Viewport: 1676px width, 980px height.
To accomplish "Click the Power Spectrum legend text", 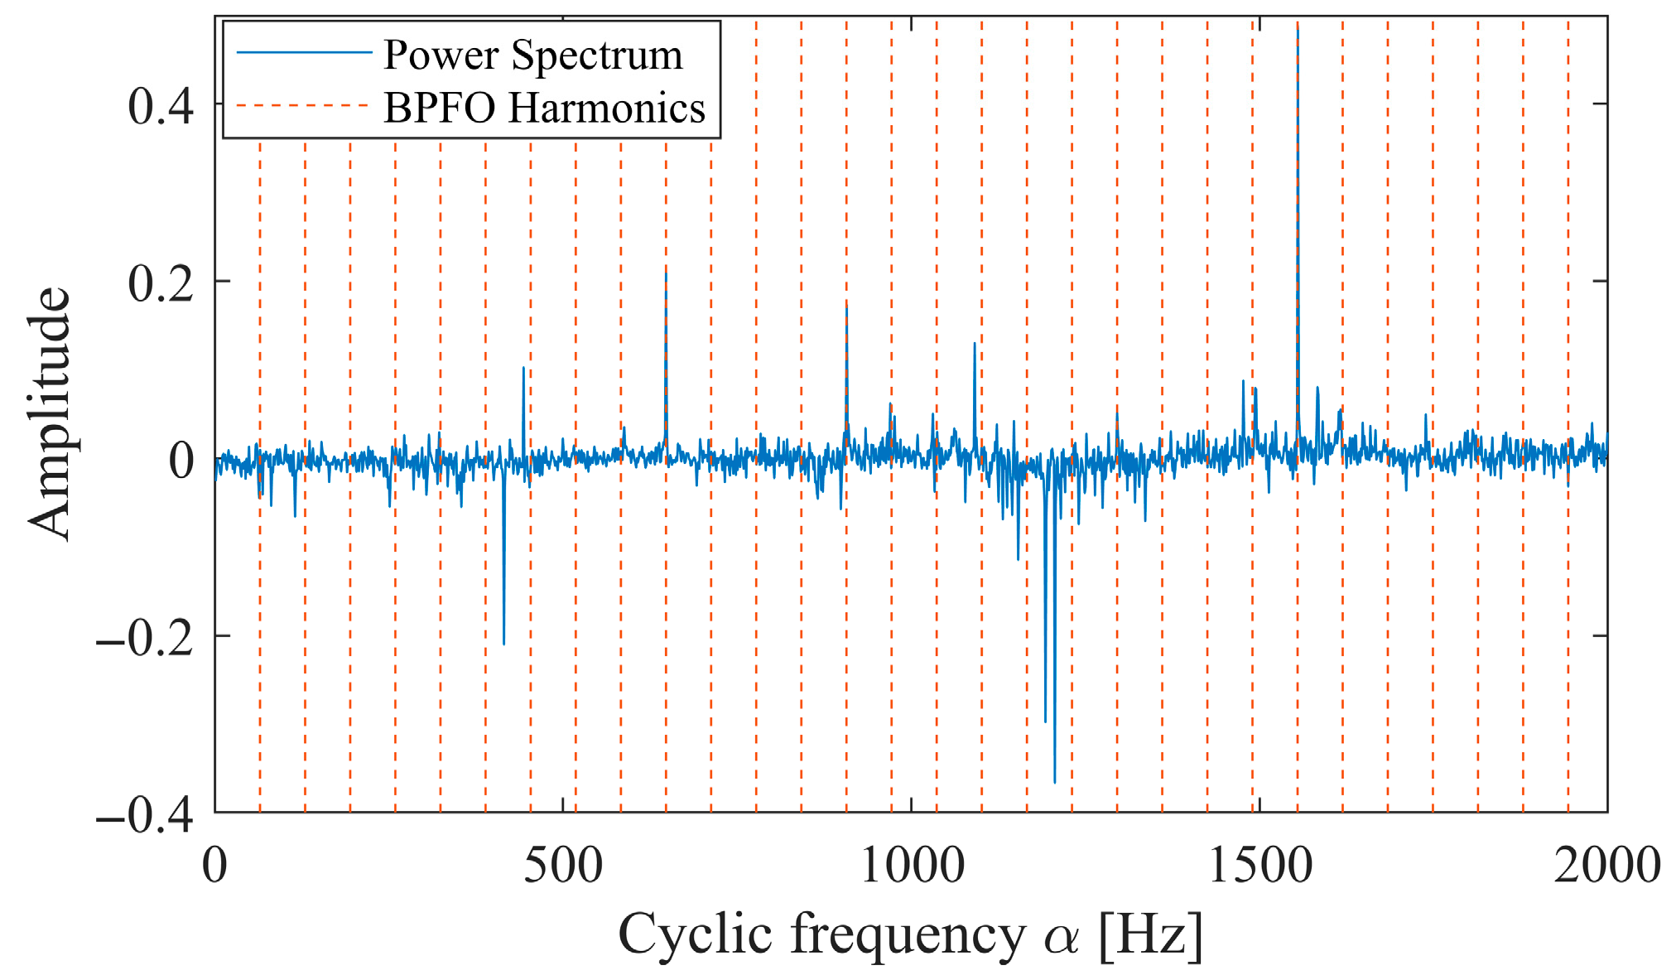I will click(x=532, y=56).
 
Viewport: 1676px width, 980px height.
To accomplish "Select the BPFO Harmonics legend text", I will click(x=544, y=108).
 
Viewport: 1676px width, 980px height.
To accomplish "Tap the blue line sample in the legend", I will click(x=304, y=53).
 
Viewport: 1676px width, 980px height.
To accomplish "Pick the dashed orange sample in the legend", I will click(x=304, y=106).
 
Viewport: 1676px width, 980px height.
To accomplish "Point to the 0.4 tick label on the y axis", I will click(x=161, y=106).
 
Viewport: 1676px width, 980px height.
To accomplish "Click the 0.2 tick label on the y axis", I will click(x=161, y=283).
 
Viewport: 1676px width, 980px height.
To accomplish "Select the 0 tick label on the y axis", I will click(x=181, y=461).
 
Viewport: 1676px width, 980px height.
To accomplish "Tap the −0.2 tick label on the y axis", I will click(x=146, y=638).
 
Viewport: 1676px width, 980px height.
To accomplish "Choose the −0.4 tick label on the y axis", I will click(x=146, y=815).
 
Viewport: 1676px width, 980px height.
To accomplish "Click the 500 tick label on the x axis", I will click(x=563, y=866).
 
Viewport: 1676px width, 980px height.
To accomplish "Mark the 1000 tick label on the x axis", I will click(x=912, y=866).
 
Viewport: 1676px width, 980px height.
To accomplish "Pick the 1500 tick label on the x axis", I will click(x=1259, y=866).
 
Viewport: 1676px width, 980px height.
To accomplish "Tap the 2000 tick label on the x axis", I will click(x=1607, y=866).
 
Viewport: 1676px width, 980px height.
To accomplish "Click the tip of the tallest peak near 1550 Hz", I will click(x=1298, y=30).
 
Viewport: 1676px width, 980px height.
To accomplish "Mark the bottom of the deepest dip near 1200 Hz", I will click(x=1054, y=781).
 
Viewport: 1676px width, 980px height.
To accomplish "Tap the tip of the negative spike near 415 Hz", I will click(x=503, y=644).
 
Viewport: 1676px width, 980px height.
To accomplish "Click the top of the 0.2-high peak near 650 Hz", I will click(x=666, y=273).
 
